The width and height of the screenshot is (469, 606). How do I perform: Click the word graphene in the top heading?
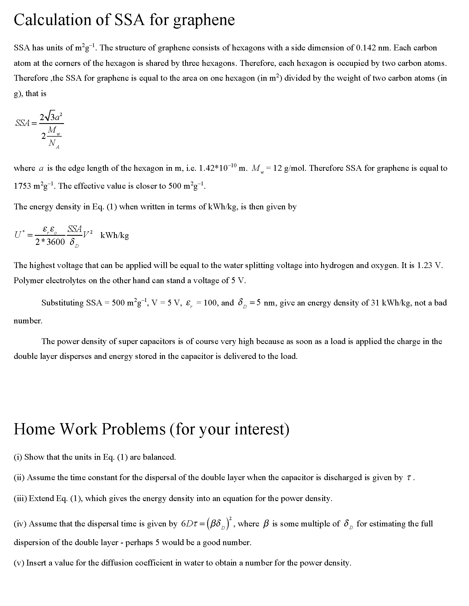tap(204, 20)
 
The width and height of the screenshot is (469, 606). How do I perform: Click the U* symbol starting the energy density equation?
tap(19, 235)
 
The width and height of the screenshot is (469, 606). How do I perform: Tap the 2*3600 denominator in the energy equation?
tap(50, 242)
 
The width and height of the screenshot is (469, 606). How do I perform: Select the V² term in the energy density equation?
tap(88, 234)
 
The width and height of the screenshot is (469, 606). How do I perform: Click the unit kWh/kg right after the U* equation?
tap(114, 235)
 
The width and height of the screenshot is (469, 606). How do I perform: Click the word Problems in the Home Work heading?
tap(133, 429)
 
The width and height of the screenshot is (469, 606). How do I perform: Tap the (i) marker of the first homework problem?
tap(18, 457)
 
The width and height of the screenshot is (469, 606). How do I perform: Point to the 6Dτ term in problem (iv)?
tap(189, 524)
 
